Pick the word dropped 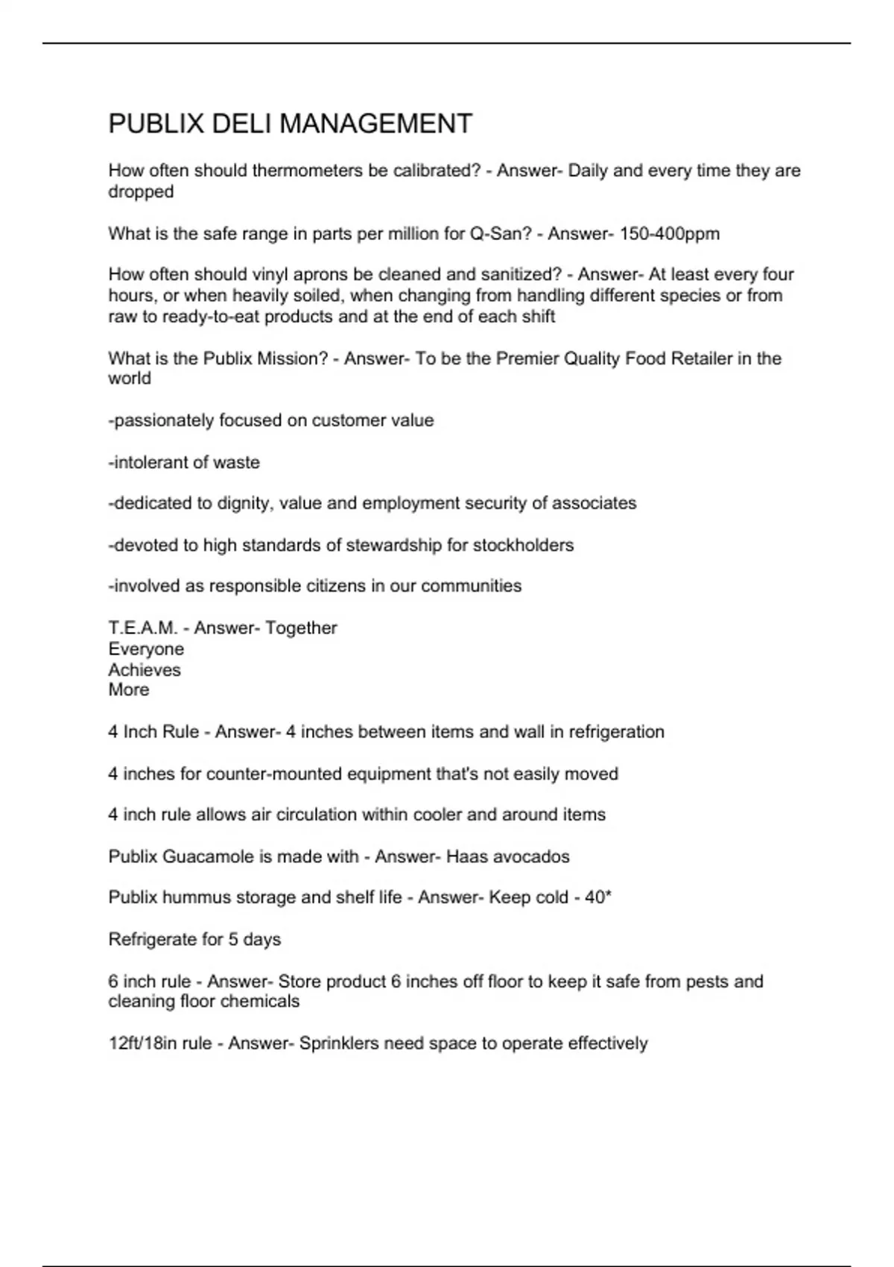coord(141,192)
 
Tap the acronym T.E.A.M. coord(143,628)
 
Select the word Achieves coord(145,669)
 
